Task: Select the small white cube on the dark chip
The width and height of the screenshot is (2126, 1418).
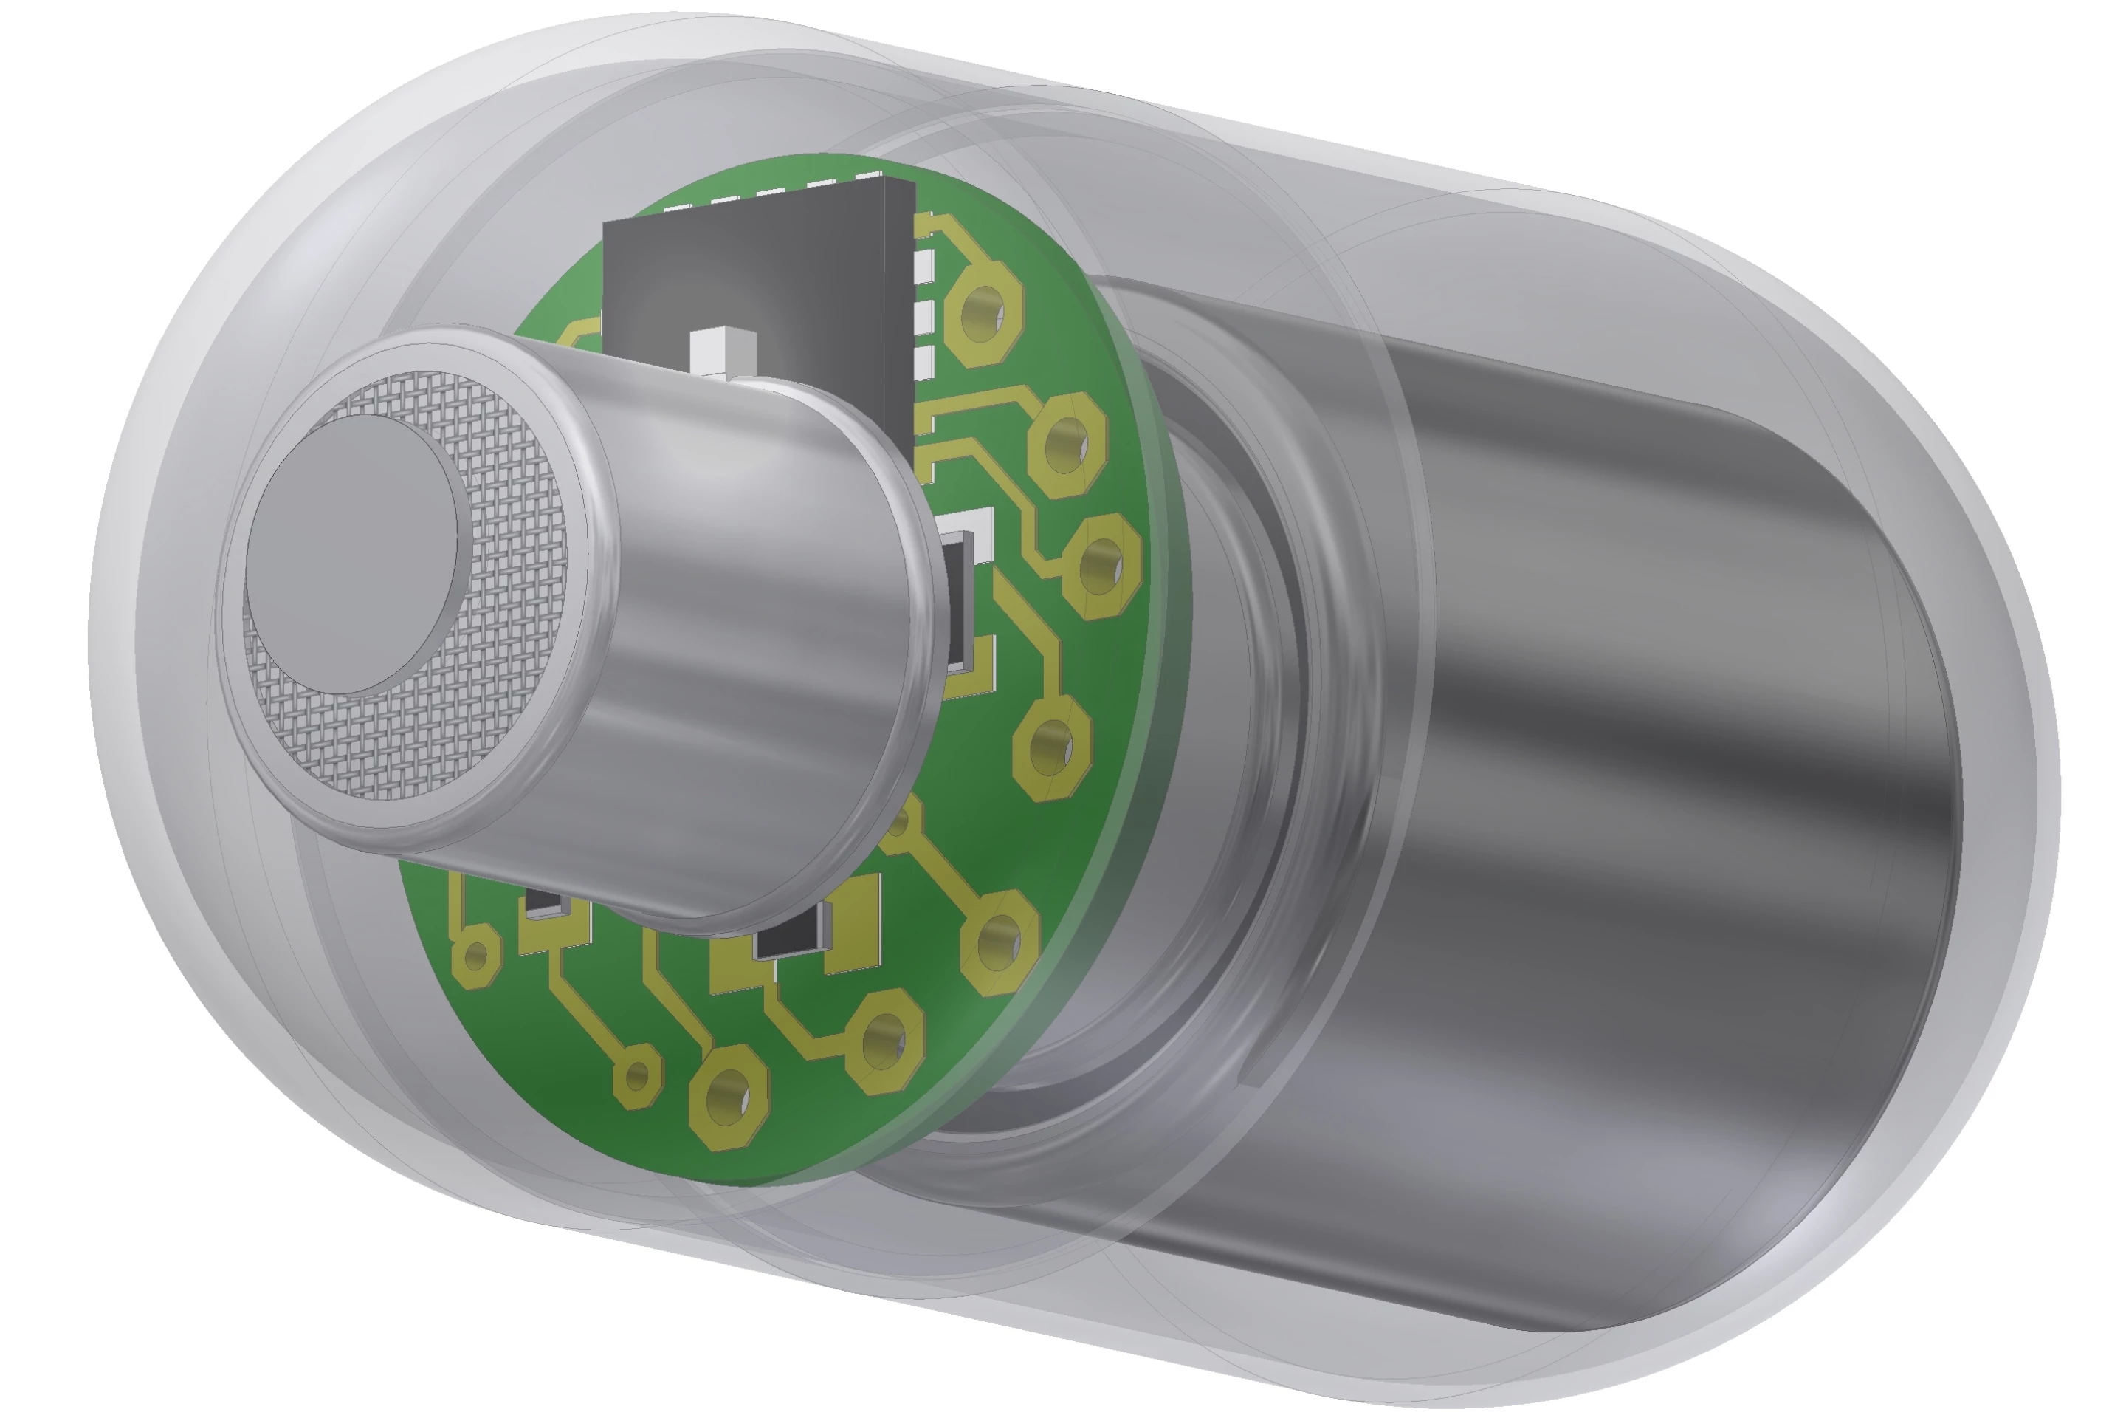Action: tap(722, 353)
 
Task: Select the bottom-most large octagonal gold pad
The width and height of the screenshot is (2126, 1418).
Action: tap(729, 1096)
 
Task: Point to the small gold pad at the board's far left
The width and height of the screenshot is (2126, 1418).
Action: tap(476, 954)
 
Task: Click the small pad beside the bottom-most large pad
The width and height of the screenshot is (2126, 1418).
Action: tap(638, 1075)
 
